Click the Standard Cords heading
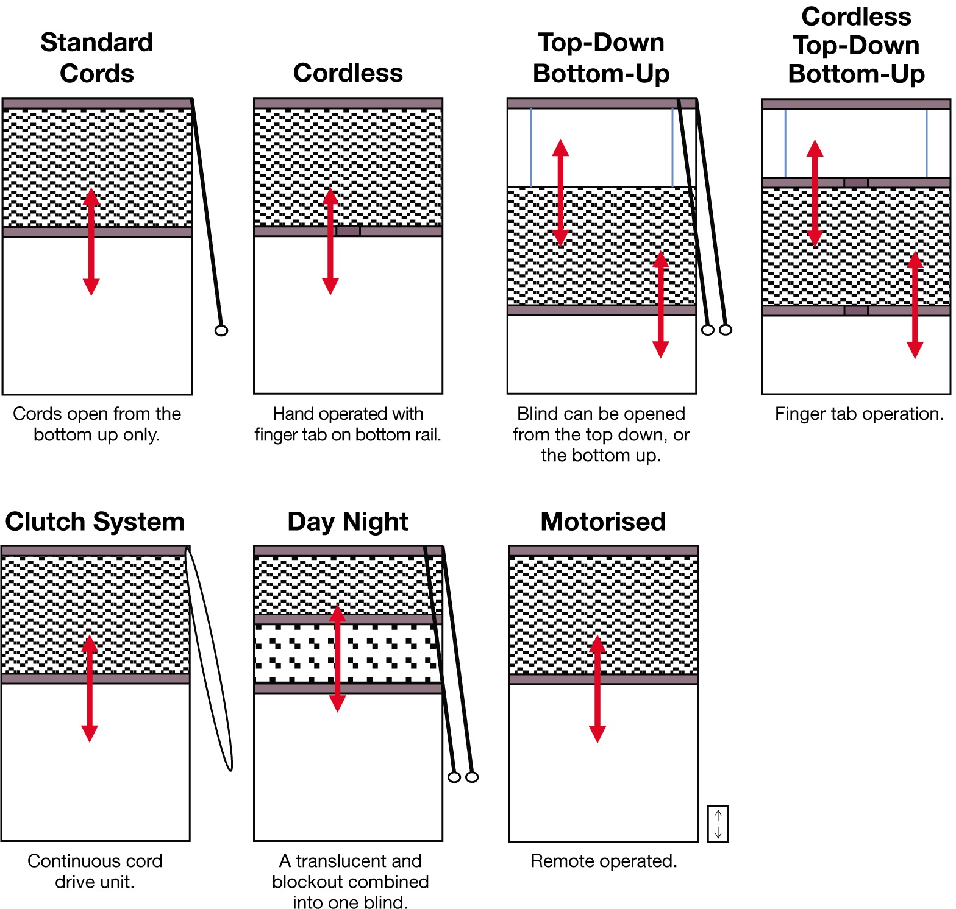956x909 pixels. click(x=96, y=58)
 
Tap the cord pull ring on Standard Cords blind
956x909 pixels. click(x=221, y=330)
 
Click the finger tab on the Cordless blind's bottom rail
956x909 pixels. click(x=348, y=231)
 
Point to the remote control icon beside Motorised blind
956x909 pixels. click(x=718, y=824)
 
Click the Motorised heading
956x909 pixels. click(x=603, y=522)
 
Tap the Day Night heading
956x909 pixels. click(x=348, y=522)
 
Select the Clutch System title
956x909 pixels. click(x=95, y=522)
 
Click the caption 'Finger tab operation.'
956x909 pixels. click(x=859, y=414)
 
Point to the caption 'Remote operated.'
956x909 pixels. click(x=604, y=861)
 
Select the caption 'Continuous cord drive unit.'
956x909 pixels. click(x=95, y=871)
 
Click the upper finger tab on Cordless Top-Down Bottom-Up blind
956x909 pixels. click(x=855, y=183)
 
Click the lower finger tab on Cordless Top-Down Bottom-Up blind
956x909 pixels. click(x=855, y=311)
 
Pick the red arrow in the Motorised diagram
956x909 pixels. click(x=597, y=688)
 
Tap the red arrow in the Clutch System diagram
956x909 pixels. click(x=90, y=688)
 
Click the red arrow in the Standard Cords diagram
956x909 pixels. click(x=91, y=242)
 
